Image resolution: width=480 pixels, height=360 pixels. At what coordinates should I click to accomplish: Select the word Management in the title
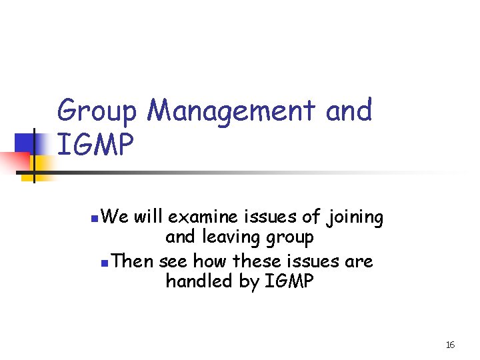(x=231, y=111)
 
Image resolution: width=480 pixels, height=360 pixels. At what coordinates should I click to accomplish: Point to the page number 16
(x=450, y=345)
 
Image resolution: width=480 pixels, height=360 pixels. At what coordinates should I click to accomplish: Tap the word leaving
(x=235, y=237)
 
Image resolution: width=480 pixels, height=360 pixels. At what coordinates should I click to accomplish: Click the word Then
(x=133, y=261)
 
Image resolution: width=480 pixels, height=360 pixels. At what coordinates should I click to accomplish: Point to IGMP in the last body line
(x=289, y=282)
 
